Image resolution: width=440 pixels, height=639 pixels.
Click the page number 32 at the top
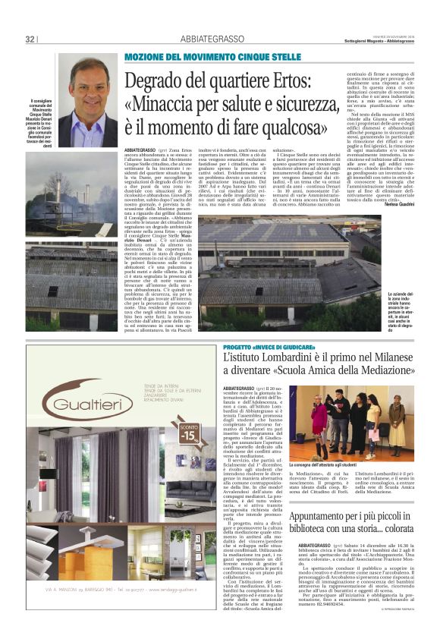30,39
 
